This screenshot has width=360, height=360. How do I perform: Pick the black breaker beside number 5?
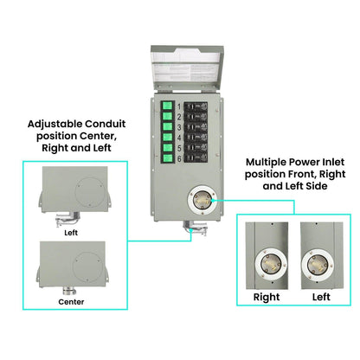point(197,160)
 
